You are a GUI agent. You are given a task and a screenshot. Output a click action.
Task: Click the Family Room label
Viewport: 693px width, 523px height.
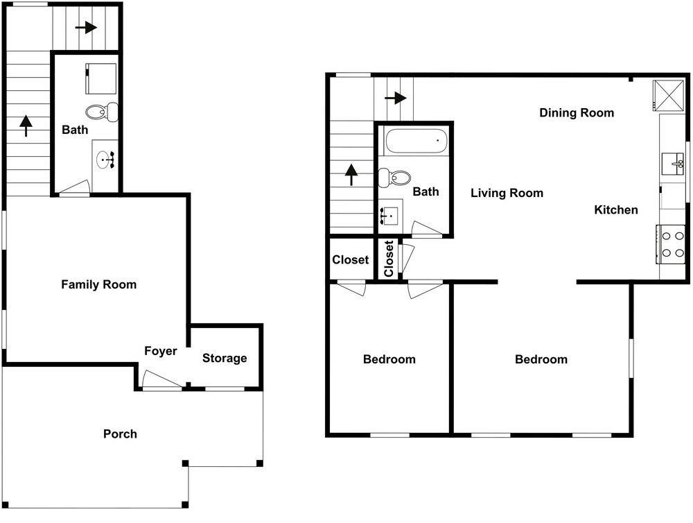[98, 284]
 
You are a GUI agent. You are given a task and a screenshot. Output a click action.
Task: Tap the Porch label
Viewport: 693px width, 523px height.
[120, 434]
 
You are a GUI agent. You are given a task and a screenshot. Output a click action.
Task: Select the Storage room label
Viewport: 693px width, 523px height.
[225, 358]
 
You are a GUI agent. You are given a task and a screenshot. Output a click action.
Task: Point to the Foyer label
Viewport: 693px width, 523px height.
[161, 351]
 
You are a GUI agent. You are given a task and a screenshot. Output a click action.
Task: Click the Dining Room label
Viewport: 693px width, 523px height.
[577, 113]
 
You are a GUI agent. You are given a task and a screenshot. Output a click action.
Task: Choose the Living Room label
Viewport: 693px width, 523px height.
[507, 193]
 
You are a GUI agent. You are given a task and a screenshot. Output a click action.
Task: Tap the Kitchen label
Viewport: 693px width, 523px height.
[616, 209]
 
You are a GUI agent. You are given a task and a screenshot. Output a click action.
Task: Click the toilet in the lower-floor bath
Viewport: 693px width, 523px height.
[102, 112]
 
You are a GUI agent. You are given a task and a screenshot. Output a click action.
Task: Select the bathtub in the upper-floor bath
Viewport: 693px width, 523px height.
[416, 141]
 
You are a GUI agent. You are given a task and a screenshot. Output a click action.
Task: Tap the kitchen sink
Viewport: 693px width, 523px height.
[673, 164]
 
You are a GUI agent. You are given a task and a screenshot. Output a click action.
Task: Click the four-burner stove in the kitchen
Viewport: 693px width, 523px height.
[672, 244]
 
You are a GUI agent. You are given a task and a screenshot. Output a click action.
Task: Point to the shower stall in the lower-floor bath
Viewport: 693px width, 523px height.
[101, 78]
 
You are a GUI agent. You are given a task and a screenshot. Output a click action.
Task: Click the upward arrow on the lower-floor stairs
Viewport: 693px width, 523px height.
[26, 126]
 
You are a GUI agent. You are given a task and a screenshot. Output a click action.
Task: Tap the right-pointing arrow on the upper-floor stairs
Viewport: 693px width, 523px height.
[396, 97]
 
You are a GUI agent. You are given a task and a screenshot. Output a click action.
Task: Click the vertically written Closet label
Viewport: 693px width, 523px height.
[389, 259]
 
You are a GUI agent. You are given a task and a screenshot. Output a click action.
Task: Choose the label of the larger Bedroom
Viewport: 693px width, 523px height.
[541, 359]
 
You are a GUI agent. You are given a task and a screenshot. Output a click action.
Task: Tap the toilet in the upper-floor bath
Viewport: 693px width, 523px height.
[395, 178]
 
